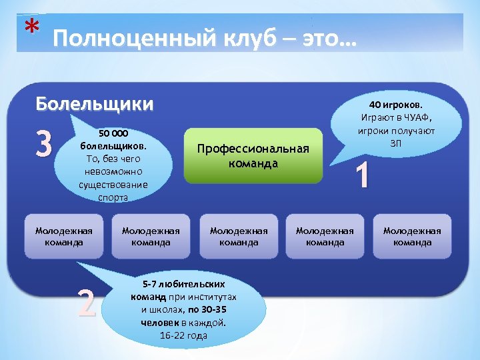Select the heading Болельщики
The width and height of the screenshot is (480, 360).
pyautogui.click(x=94, y=104)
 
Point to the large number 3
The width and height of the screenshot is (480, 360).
pyautogui.click(x=43, y=143)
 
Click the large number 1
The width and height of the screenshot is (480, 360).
pyautogui.click(x=362, y=177)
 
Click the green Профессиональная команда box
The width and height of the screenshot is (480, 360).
pyautogui.click(x=253, y=156)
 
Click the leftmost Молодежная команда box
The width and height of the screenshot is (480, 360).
pyautogui.click(x=64, y=236)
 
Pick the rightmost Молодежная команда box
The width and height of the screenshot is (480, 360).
pyautogui.click(x=412, y=236)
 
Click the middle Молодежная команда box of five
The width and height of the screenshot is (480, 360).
pyautogui.click(x=239, y=236)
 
